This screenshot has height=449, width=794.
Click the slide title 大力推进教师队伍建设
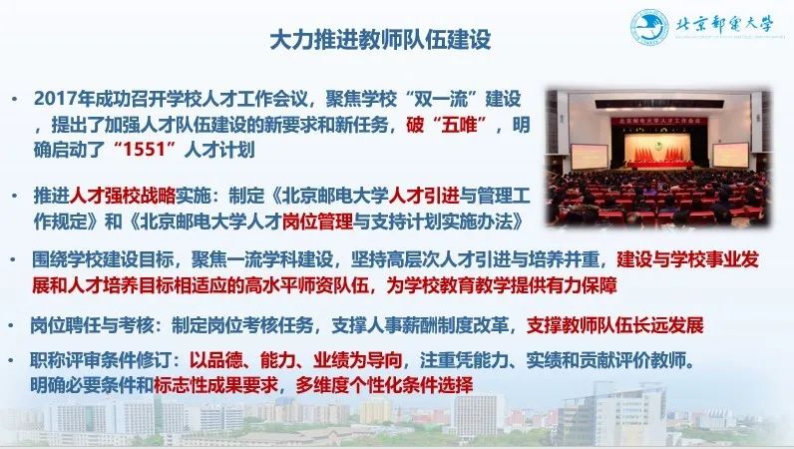pos(380,39)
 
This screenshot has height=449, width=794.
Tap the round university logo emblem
pos(649,28)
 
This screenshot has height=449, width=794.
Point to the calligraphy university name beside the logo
pos(725,24)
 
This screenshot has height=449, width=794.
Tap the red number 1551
pos(141,151)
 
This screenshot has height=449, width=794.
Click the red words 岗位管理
pos(317,222)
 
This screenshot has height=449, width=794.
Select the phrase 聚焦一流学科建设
pos(262,259)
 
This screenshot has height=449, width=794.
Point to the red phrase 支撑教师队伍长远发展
pos(615,325)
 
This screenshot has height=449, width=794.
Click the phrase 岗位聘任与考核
pos(92,325)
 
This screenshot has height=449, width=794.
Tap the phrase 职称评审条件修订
pos(101,360)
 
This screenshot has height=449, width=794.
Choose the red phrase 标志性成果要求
pos(215,386)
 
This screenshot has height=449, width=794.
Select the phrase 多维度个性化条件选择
pos(384,386)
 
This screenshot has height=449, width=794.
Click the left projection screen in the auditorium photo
pos(589,157)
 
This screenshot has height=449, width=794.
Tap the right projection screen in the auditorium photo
pos(730,155)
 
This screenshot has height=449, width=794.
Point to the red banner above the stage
pos(658,122)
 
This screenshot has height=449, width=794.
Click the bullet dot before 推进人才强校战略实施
pos(15,196)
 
